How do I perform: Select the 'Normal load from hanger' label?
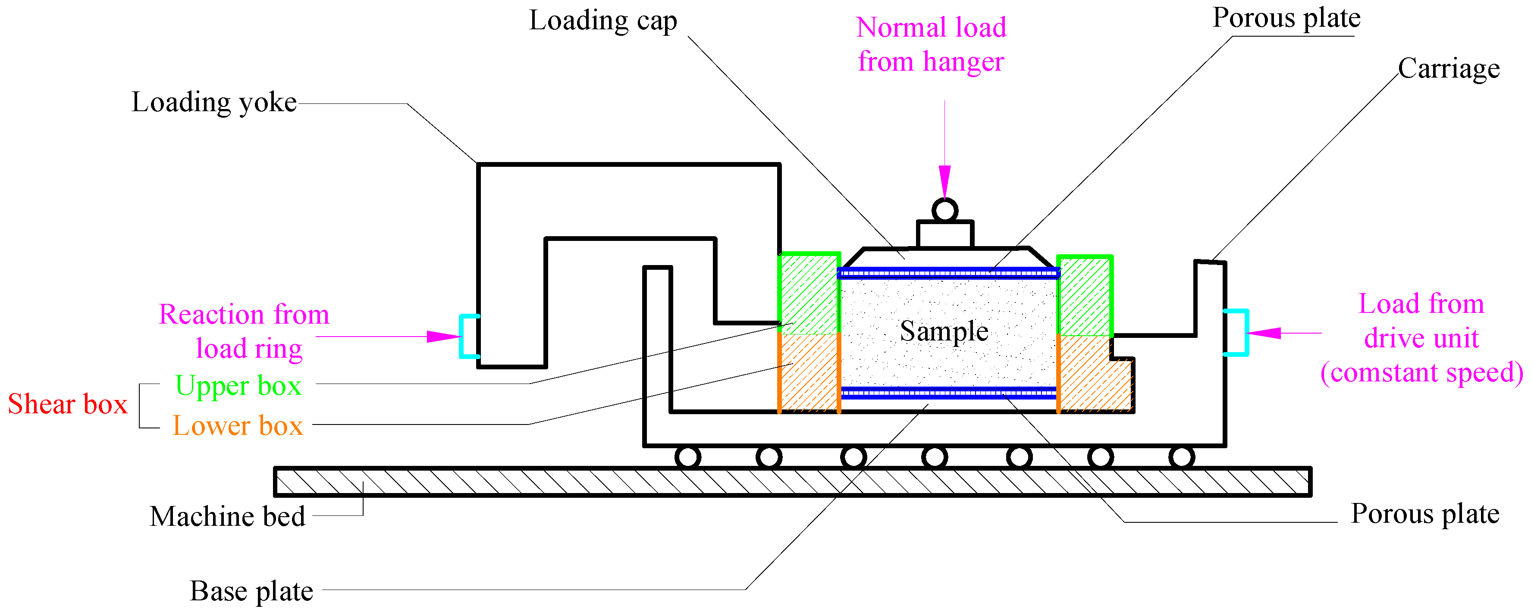(931, 44)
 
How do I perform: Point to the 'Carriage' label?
(1448, 69)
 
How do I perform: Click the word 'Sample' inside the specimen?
(944, 331)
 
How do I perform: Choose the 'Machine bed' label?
(228, 516)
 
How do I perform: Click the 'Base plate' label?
(251, 591)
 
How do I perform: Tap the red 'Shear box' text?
(68, 405)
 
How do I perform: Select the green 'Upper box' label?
(238, 386)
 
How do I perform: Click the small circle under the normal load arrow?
(944, 210)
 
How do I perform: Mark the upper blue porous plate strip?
(948, 273)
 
